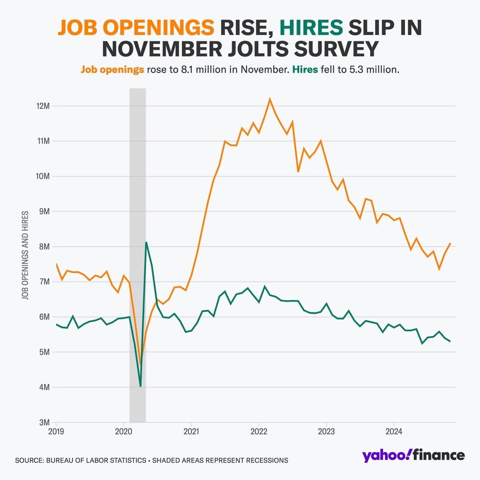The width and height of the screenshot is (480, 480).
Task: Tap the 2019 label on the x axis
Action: [56, 431]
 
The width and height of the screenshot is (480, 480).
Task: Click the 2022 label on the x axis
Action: [259, 431]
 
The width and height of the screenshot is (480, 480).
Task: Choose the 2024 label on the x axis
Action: [394, 431]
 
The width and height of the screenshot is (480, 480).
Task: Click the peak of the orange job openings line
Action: [270, 99]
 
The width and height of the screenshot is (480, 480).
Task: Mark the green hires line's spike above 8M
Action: [146, 242]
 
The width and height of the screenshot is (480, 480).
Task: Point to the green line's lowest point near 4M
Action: [140, 386]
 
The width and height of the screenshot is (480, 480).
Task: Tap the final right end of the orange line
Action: [450, 243]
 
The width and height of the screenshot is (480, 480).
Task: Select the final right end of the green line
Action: [450, 341]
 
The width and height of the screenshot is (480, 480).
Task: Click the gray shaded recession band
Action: [137, 178]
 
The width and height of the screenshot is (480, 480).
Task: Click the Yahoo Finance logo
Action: [413, 456]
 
